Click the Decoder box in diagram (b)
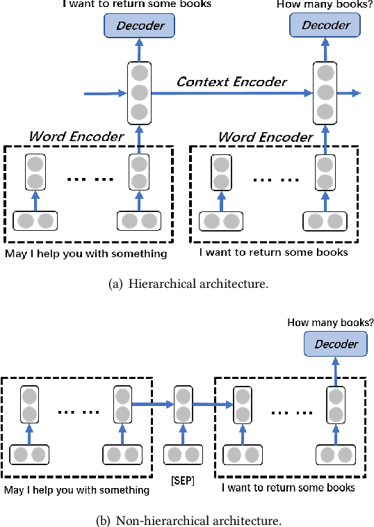pos(336,343)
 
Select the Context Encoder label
pos(231,82)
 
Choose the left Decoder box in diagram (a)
pos(140,26)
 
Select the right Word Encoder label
pos(265,136)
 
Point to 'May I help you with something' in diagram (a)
pos(86,253)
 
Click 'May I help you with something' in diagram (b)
pos(76,489)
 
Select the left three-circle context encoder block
pos(140,92)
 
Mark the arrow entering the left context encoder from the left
pos(104,92)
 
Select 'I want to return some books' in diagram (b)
pos(288,488)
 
